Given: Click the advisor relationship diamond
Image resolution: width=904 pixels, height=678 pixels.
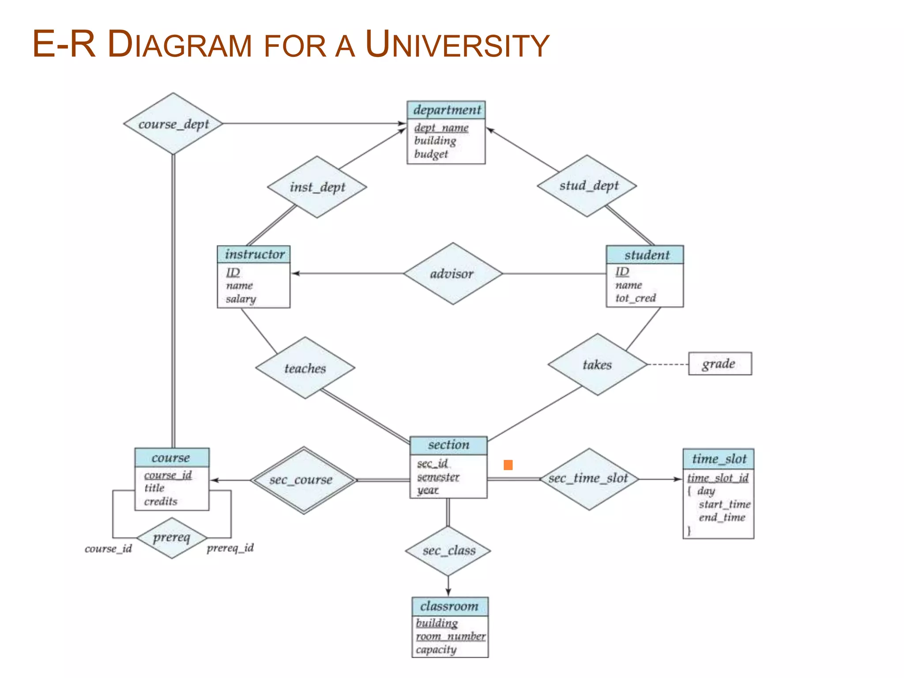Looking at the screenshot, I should (x=452, y=274).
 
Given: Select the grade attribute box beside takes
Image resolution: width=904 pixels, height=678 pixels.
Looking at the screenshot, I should (x=719, y=364).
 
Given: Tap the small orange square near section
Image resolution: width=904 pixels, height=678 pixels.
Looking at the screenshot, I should (x=508, y=465).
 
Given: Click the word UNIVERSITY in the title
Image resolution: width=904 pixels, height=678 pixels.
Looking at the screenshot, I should (x=457, y=45).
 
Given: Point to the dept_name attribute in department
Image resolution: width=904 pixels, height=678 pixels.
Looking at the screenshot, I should (x=441, y=128).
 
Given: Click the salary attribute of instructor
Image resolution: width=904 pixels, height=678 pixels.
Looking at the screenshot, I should (x=241, y=299).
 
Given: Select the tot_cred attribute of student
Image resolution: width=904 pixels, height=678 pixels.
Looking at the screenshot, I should (x=635, y=298).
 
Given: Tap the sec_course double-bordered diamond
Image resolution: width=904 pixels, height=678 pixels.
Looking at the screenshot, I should (x=303, y=480).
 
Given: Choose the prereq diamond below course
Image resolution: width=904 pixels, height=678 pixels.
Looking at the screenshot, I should (x=172, y=538).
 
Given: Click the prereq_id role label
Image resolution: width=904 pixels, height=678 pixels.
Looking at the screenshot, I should (x=230, y=548).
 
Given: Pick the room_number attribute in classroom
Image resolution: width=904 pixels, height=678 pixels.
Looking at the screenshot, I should (x=450, y=637).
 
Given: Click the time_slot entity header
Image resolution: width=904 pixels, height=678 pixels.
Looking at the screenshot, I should (x=718, y=459).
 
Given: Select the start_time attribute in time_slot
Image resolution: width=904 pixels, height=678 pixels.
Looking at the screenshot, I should (x=724, y=504).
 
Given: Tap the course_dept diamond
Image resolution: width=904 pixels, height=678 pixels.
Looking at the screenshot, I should (x=173, y=124).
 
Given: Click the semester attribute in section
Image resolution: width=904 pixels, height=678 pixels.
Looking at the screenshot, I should (x=438, y=477).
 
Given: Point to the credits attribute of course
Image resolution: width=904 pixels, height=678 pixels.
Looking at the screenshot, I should (x=161, y=501).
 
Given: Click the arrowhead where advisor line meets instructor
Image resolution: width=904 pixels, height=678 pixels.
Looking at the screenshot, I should (x=295, y=274).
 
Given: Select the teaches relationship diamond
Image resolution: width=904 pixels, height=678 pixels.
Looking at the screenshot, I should (x=305, y=368).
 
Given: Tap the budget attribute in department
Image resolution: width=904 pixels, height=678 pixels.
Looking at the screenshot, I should (x=431, y=154).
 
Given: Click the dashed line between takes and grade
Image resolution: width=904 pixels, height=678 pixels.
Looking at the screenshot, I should (x=667, y=365).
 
